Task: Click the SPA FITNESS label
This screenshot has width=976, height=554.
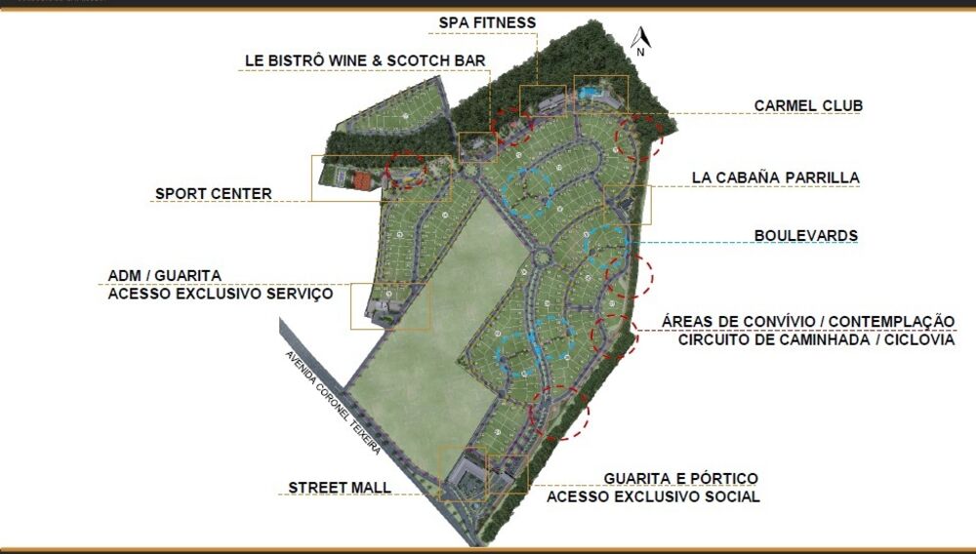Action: point(487,22)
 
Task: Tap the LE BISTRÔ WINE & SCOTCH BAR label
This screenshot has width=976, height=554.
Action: point(365,60)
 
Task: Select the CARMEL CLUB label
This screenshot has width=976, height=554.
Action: point(808,105)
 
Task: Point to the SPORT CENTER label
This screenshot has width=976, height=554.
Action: point(213,193)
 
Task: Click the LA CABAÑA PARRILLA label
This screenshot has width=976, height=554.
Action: point(775,178)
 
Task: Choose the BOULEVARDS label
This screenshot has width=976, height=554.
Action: point(805,236)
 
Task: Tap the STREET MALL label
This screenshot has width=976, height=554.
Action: point(339,487)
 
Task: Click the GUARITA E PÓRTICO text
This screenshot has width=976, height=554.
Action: point(680,478)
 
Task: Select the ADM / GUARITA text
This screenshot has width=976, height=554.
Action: point(164,275)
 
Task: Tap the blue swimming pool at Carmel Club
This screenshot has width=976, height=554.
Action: point(589,93)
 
